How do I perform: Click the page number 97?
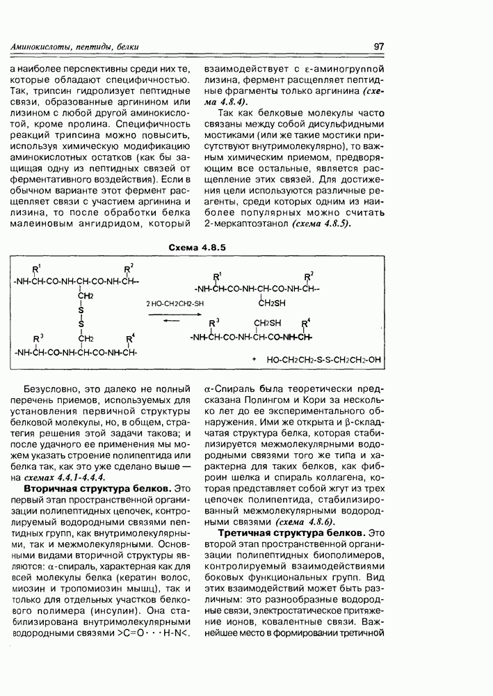pos(379,47)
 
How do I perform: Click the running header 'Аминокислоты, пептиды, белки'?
pos(75,47)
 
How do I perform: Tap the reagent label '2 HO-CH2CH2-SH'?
pos(175,303)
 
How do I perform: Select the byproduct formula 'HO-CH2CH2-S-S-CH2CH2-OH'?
pos(324,360)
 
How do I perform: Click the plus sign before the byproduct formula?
pos(255,360)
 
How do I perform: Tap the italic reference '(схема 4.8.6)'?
pos(305,521)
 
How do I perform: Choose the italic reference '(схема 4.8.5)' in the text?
pos(321,223)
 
